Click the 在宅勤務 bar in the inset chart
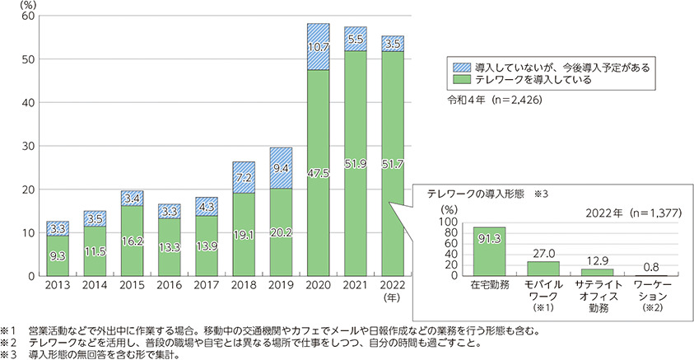(489, 251)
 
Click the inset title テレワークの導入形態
(473, 193)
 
